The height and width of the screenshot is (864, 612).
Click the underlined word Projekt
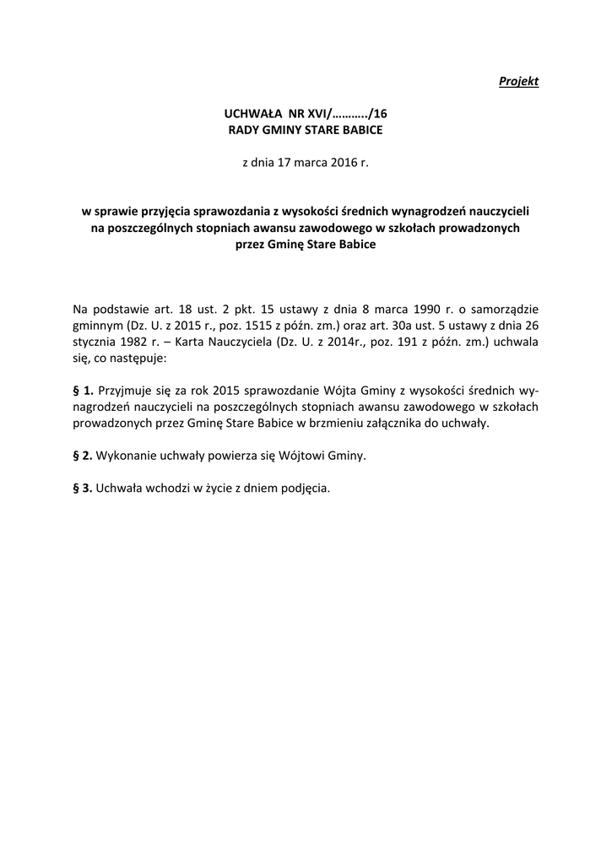[518, 81]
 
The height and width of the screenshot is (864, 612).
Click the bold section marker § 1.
[84, 391]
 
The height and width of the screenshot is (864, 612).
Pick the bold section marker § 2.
[84, 456]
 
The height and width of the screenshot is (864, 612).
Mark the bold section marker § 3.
[84, 489]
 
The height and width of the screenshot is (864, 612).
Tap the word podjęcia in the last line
[304, 489]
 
